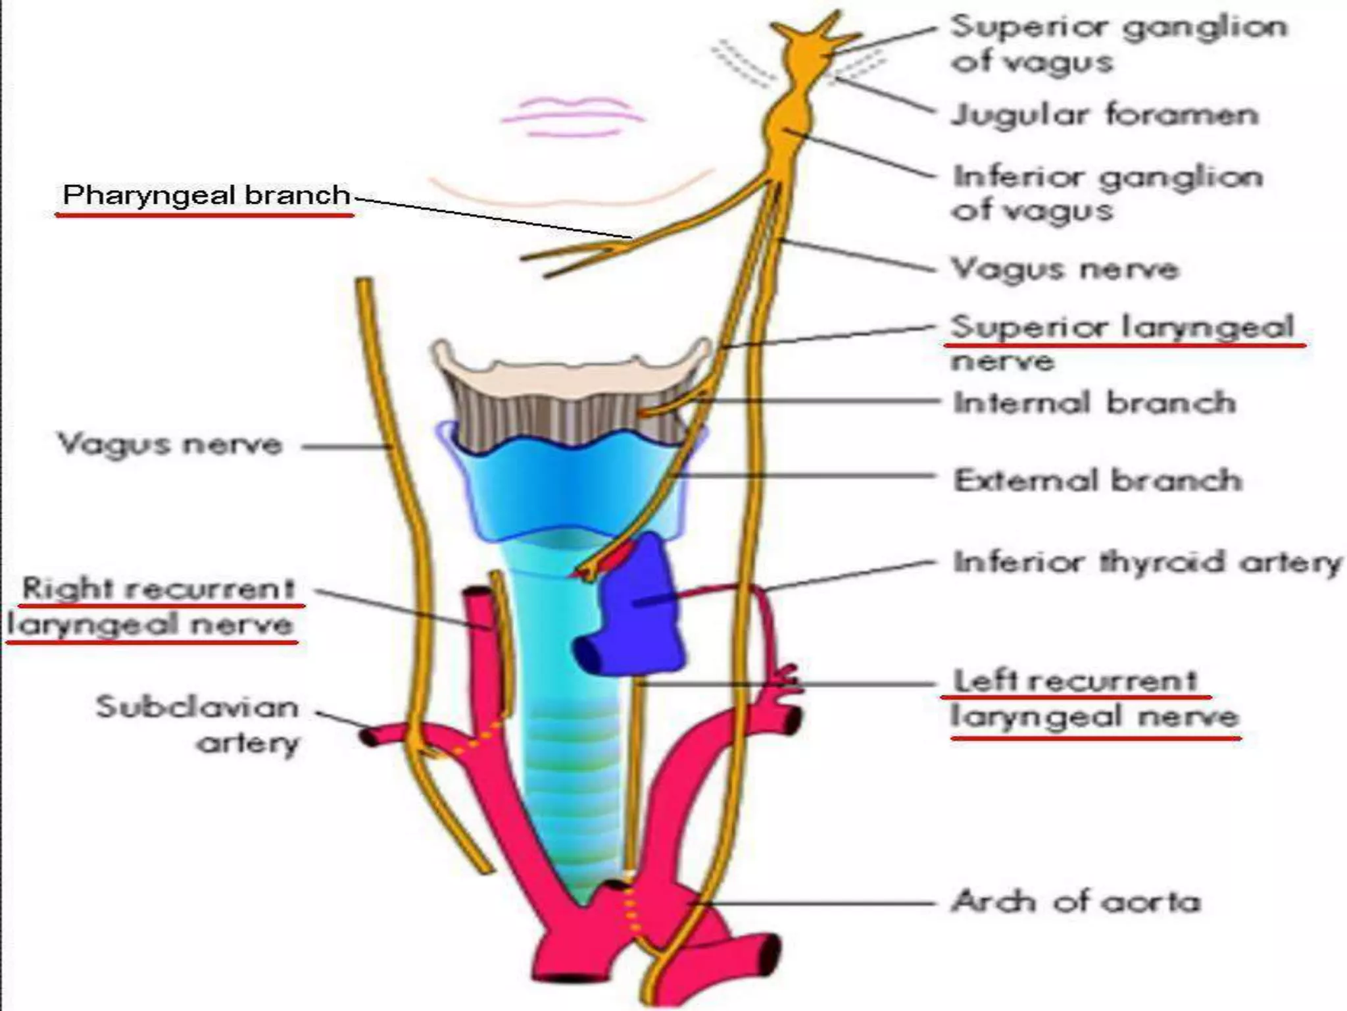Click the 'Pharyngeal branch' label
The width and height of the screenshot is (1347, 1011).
[x=206, y=195]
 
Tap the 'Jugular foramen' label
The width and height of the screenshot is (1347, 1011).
[x=1105, y=115]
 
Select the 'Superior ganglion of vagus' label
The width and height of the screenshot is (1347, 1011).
[x=1118, y=43]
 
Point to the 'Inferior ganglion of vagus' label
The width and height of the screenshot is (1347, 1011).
[x=1108, y=194]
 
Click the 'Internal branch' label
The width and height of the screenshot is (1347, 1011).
[x=1094, y=403]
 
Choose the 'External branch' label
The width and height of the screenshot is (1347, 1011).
[x=1098, y=480]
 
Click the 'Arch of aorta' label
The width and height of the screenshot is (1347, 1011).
[x=1076, y=901]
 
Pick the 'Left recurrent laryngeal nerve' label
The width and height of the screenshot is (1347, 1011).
[x=1094, y=698]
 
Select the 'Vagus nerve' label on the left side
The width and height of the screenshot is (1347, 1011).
[x=170, y=444]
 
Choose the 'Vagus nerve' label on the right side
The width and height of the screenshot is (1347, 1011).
[x=1065, y=269]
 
